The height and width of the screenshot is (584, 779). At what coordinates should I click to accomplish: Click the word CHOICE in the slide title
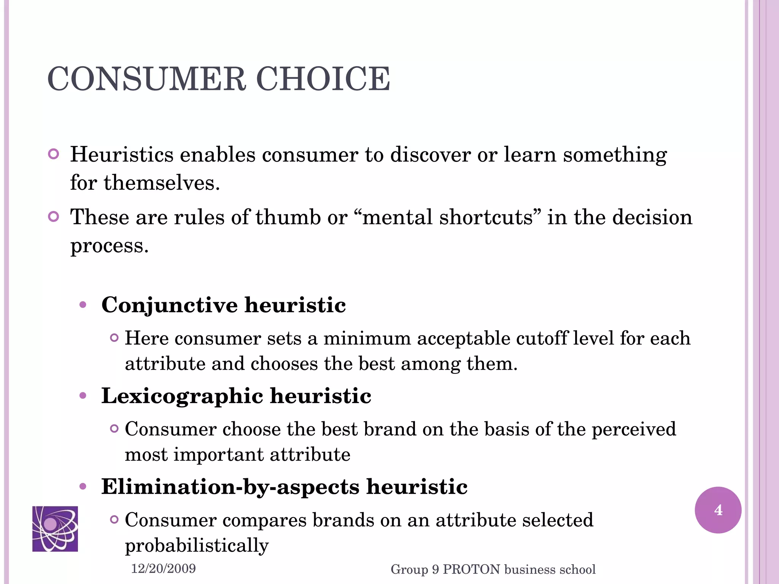click(x=323, y=79)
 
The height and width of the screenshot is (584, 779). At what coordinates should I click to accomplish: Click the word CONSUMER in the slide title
click(x=147, y=79)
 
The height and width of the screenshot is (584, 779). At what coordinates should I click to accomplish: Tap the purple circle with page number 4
click(x=718, y=510)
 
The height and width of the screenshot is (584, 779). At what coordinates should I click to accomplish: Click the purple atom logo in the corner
click(x=55, y=528)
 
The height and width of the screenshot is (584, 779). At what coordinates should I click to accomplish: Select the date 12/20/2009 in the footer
click(x=163, y=569)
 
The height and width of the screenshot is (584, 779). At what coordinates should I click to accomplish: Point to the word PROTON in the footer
click(x=471, y=569)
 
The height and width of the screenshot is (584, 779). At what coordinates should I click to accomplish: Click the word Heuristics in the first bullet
click(x=122, y=155)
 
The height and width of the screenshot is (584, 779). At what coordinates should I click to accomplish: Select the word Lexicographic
click(x=182, y=396)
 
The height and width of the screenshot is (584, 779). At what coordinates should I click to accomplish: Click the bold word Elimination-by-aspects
click(x=230, y=487)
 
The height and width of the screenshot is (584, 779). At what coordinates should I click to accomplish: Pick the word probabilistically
click(x=197, y=546)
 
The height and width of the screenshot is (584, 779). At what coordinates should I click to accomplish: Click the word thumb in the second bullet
click(x=288, y=217)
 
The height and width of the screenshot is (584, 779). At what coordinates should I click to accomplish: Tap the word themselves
click(x=162, y=183)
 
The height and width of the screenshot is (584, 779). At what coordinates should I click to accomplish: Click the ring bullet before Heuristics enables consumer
click(x=54, y=154)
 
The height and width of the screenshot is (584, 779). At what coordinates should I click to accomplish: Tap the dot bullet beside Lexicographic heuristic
click(x=83, y=396)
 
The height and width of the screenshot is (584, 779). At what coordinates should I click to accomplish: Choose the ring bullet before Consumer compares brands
click(x=114, y=519)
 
